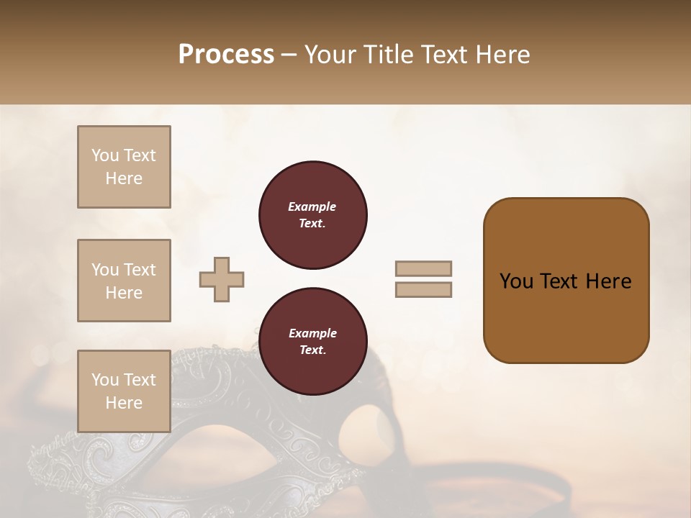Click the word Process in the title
tap(226, 55)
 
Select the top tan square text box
tap(124, 167)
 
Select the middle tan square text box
tap(124, 281)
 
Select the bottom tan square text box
tap(124, 391)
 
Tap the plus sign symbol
tap(222, 279)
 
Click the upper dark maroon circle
tap(312, 215)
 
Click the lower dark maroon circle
tap(312, 342)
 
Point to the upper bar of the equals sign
tap(423, 268)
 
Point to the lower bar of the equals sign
tap(423, 289)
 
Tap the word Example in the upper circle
tap(312, 206)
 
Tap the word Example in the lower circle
tap(312, 333)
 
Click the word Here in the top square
tap(124, 178)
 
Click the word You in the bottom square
tap(105, 379)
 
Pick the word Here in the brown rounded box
tap(608, 281)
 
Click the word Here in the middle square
tap(124, 293)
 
